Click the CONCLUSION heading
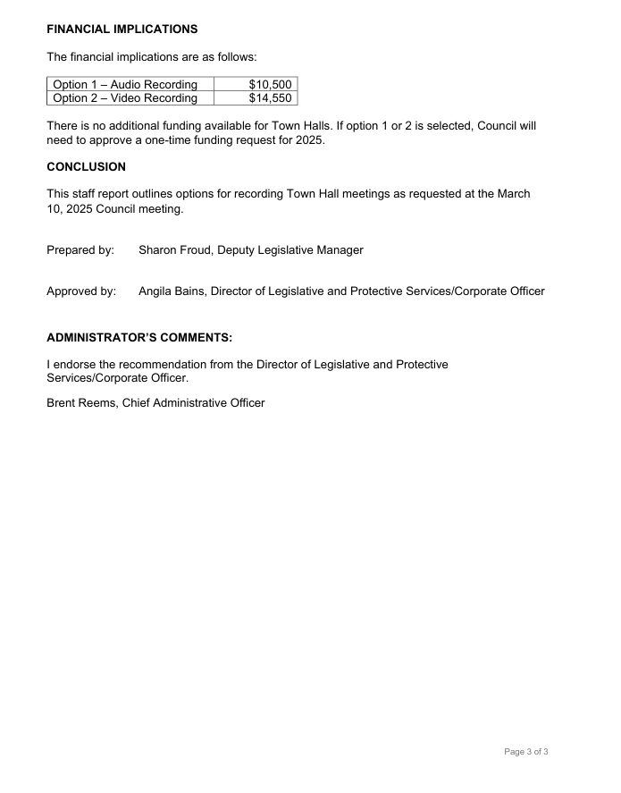86,166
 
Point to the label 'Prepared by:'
80,250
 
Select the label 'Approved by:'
81,291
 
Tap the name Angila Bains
172,291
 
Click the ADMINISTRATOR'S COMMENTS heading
139,338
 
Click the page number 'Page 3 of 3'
526,752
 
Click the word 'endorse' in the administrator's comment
76,364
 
